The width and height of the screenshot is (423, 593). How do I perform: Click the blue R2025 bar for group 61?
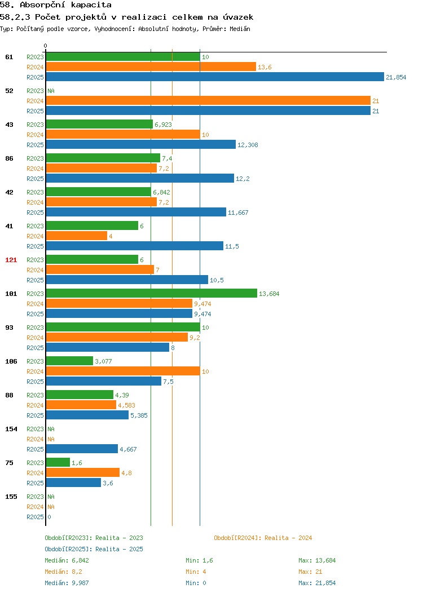215,77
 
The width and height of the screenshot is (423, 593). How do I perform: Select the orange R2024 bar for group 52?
208,100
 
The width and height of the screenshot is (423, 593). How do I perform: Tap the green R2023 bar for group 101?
151,293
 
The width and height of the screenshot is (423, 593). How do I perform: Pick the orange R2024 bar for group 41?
77,236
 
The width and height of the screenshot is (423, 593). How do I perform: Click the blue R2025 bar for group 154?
82,449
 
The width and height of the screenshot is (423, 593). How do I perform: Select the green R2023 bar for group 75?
58,462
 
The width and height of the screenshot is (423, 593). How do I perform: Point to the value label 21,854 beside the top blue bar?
396,77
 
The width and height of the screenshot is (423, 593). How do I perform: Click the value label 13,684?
269,294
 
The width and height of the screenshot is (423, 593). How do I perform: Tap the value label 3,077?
103,361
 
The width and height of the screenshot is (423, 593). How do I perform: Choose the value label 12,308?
248,145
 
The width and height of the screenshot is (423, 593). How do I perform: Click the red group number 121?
11,260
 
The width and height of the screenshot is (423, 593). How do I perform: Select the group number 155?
11,497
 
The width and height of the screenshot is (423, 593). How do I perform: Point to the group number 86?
9,158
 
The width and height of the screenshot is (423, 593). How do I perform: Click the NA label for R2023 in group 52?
51,91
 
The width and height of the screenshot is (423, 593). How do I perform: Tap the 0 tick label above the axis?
46,46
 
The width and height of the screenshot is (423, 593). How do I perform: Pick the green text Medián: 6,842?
67,560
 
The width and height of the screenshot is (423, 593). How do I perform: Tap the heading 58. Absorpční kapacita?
56,5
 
